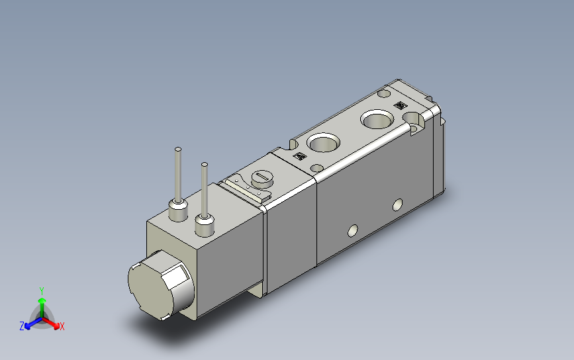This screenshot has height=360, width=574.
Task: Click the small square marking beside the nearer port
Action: [x=299, y=157]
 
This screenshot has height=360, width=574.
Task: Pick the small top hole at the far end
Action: [x=385, y=94]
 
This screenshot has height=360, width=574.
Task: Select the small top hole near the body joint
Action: [x=317, y=167]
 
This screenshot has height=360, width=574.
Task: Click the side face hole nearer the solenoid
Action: [x=352, y=231]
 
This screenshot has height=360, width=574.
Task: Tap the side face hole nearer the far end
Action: [x=398, y=203]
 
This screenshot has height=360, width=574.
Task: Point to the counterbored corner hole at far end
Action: [x=416, y=121]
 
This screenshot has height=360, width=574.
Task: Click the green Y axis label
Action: [x=42, y=291]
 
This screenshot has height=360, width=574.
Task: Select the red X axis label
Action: [x=62, y=326]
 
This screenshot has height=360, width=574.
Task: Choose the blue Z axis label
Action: [x=22, y=326]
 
